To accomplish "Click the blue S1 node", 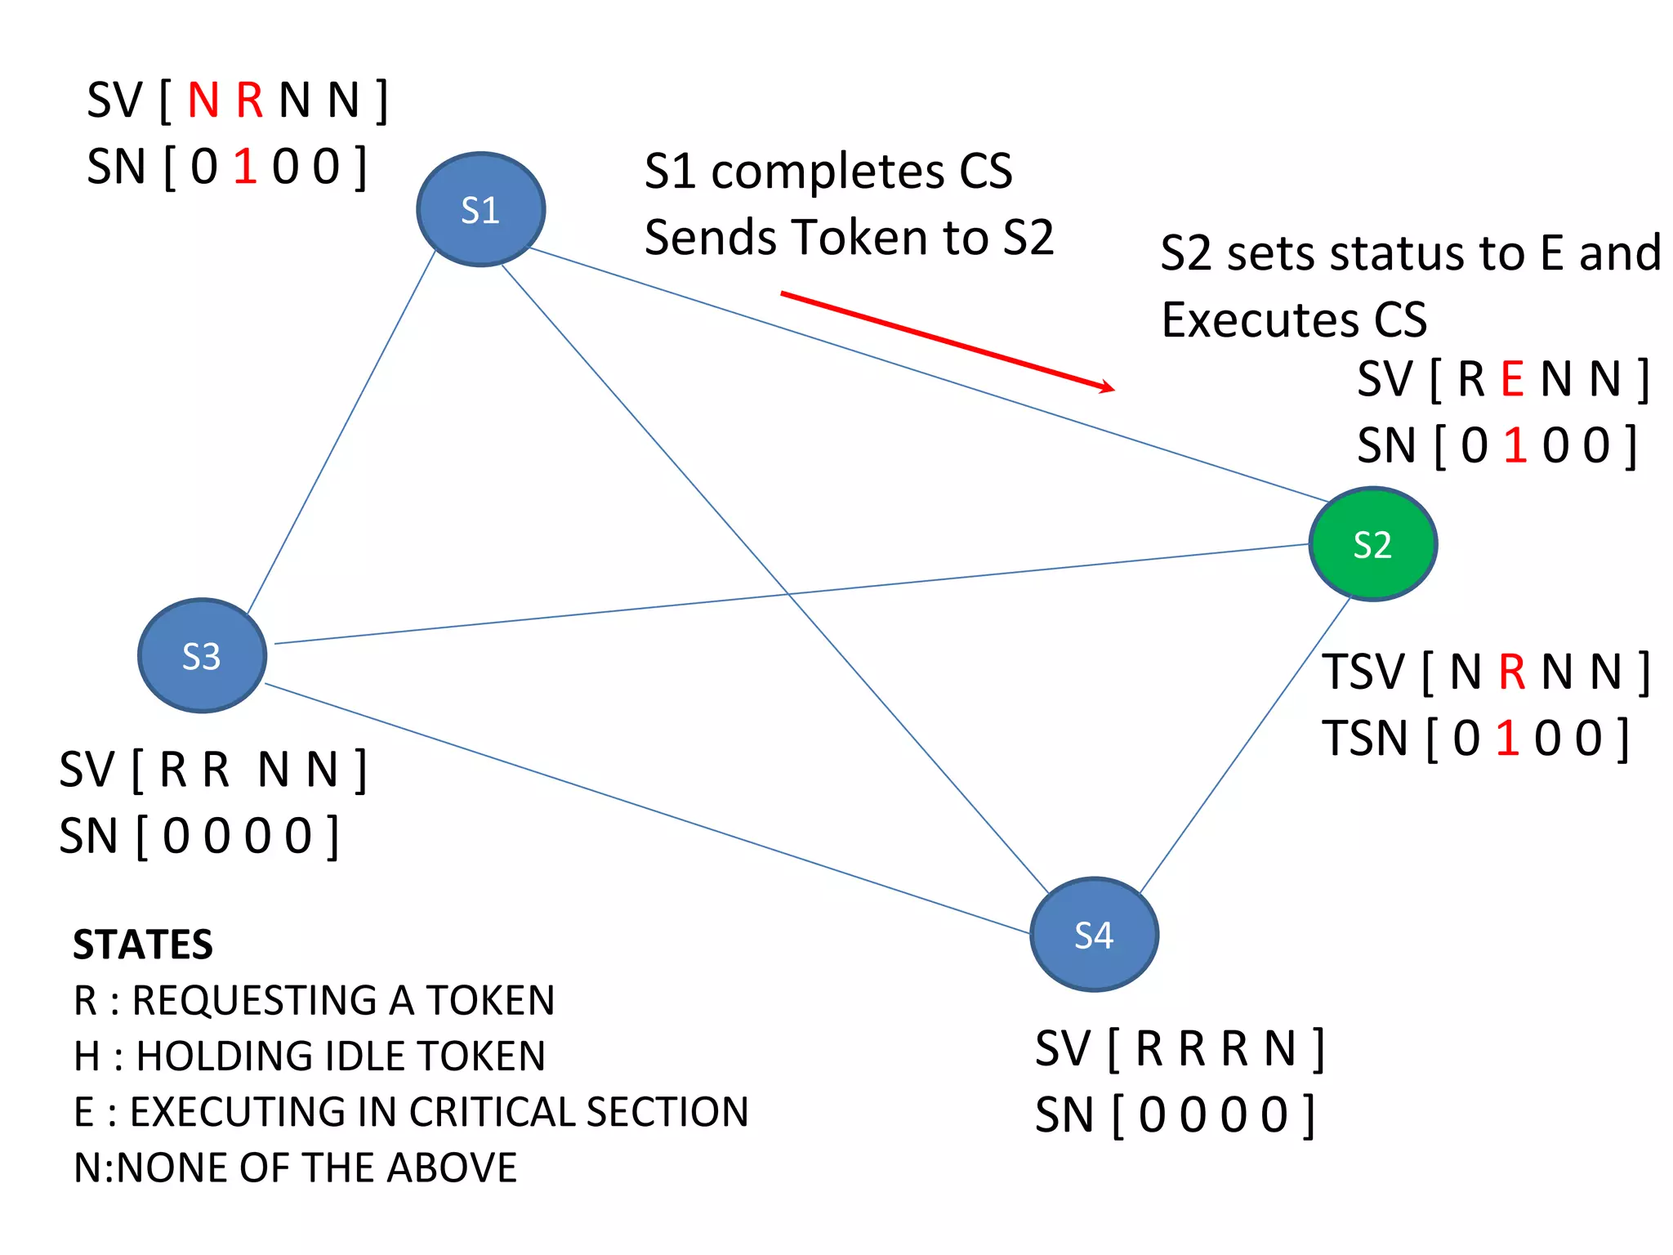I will [x=480, y=210].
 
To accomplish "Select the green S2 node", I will [x=1372, y=544].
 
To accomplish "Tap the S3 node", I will [x=202, y=656].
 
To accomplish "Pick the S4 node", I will [x=1094, y=935].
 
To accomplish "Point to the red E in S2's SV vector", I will [x=1512, y=380].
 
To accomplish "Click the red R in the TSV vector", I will [x=1511, y=672].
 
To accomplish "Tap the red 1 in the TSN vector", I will [x=1507, y=739].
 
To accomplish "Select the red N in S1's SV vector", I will [x=203, y=100].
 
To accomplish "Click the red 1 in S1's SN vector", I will [x=245, y=167].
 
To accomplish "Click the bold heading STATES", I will [x=143, y=945].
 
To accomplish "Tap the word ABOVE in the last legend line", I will [x=452, y=1168].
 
